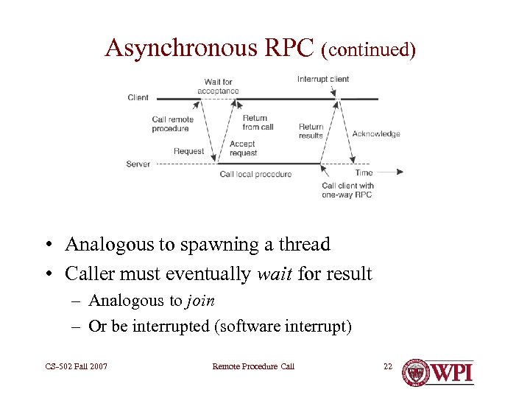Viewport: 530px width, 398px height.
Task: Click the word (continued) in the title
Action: click(x=369, y=49)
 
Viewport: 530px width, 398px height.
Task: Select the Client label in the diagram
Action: click(x=138, y=97)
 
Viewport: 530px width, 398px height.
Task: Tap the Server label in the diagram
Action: click(x=138, y=164)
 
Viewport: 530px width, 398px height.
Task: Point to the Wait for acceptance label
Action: click(x=218, y=86)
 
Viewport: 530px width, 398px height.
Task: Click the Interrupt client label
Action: click(x=323, y=79)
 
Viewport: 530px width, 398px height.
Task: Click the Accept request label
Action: click(x=243, y=148)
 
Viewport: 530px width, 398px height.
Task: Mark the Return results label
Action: click(x=311, y=131)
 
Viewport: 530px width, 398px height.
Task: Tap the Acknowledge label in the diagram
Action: click(x=376, y=133)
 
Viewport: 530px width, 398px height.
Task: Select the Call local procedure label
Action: click(x=255, y=174)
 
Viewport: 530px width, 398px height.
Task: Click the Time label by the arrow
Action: click(x=364, y=172)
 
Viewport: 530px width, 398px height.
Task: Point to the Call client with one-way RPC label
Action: click(x=347, y=190)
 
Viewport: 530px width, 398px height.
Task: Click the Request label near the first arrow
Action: click(x=188, y=151)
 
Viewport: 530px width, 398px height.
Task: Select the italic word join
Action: click(x=200, y=300)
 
